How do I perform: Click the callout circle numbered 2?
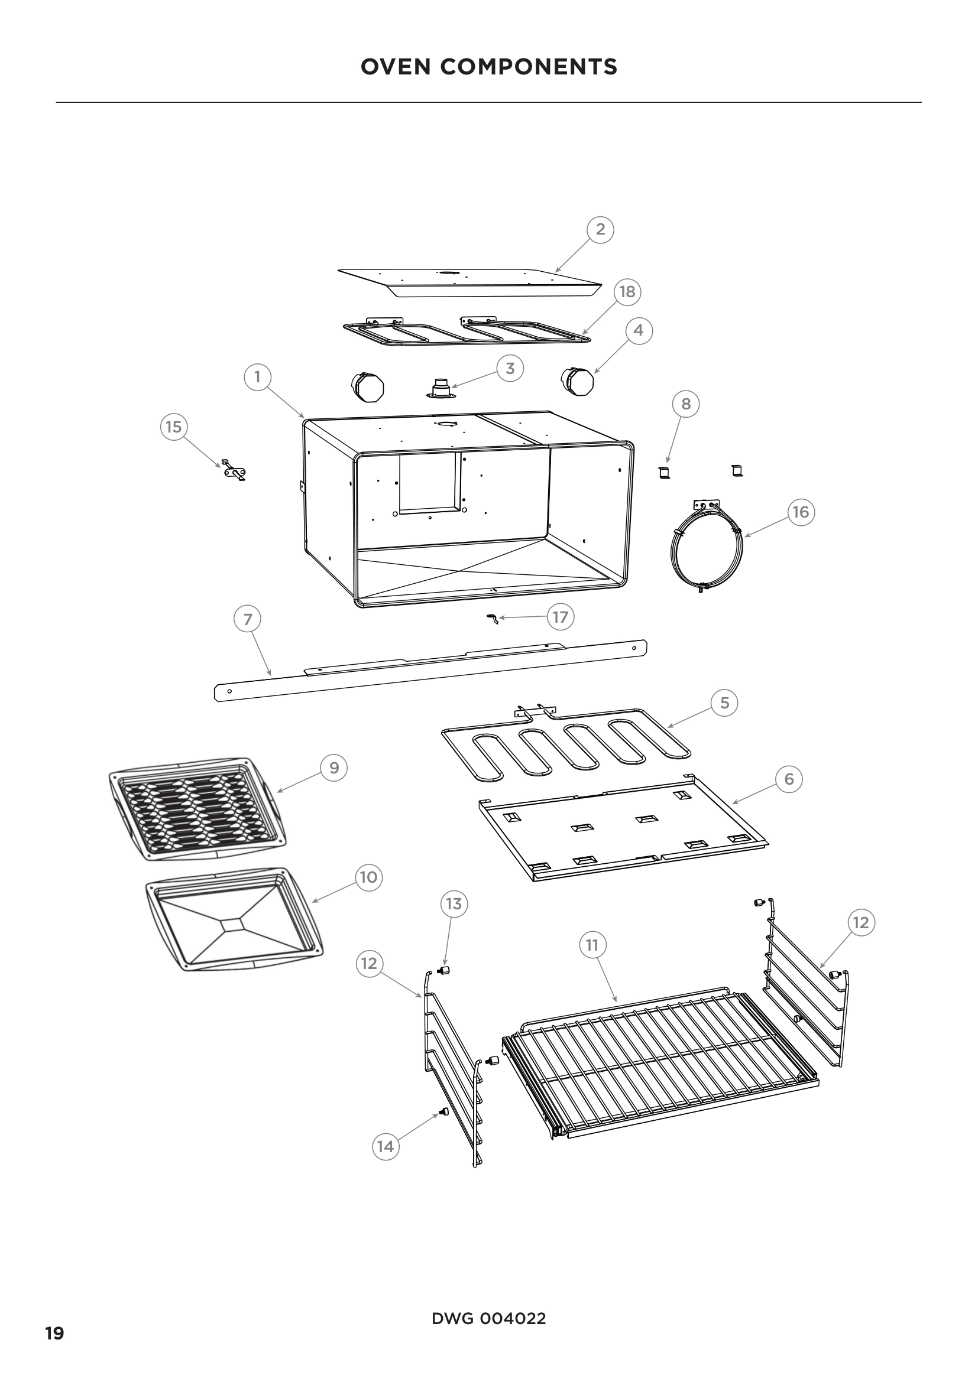tap(600, 229)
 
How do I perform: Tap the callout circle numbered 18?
tap(627, 292)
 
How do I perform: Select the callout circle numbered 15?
tap(173, 427)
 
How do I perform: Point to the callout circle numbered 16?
tap(801, 512)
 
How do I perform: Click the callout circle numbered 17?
tap(560, 617)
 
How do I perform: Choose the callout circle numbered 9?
tap(334, 768)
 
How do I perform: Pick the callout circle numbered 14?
tap(386, 1147)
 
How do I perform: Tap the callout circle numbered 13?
tap(454, 921)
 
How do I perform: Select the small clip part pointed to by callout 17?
tap(493, 619)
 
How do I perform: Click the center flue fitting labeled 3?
tap(443, 389)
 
